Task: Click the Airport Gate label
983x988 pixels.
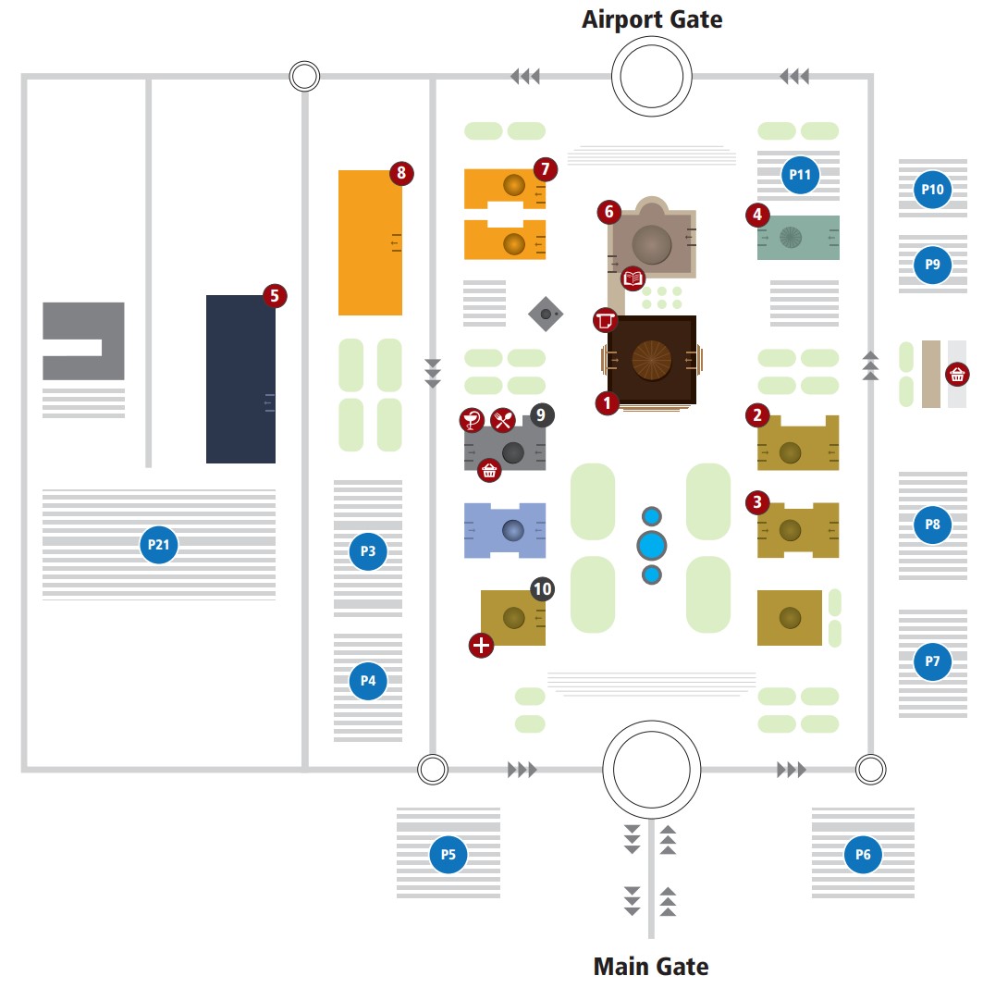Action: (x=651, y=19)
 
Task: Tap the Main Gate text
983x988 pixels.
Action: (x=650, y=967)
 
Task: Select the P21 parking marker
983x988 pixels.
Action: (x=159, y=545)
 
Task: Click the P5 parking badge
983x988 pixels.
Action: (x=448, y=854)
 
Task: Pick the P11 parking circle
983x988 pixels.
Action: (x=800, y=175)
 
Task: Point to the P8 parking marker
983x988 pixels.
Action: (x=932, y=525)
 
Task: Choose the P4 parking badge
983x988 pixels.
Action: (x=368, y=681)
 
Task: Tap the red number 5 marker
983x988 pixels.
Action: (x=275, y=296)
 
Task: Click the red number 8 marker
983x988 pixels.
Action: (x=400, y=173)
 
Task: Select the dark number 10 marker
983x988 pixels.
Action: (x=543, y=588)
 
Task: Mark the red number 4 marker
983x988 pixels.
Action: (x=758, y=215)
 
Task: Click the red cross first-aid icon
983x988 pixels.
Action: (x=481, y=645)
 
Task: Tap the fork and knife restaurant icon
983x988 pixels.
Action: (x=502, y=420)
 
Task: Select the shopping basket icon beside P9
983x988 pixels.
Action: (x=957, y=375)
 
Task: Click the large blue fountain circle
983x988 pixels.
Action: (x=652, y=546)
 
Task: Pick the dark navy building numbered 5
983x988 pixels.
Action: (x=240, y=379)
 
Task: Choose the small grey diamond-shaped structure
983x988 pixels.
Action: (x=546, y=315)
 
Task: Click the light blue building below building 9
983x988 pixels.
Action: (x=504, y=531)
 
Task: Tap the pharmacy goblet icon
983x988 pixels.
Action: (x=473, y=420)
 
